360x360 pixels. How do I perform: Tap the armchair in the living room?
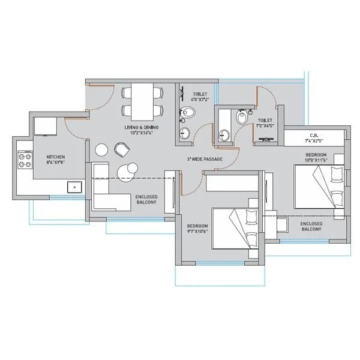(x=121, y=148)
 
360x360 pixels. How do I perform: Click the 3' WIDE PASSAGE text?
(x=205, y=159)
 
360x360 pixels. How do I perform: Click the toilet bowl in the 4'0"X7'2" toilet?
(x=189, y=112)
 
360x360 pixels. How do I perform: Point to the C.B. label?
(x=313, y=136)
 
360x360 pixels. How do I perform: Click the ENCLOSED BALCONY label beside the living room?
(x=146, y=200)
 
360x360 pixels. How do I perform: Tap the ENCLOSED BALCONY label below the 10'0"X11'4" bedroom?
(x=310, y=226)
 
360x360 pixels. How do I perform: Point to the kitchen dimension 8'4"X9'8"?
(x=55, y=162)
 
